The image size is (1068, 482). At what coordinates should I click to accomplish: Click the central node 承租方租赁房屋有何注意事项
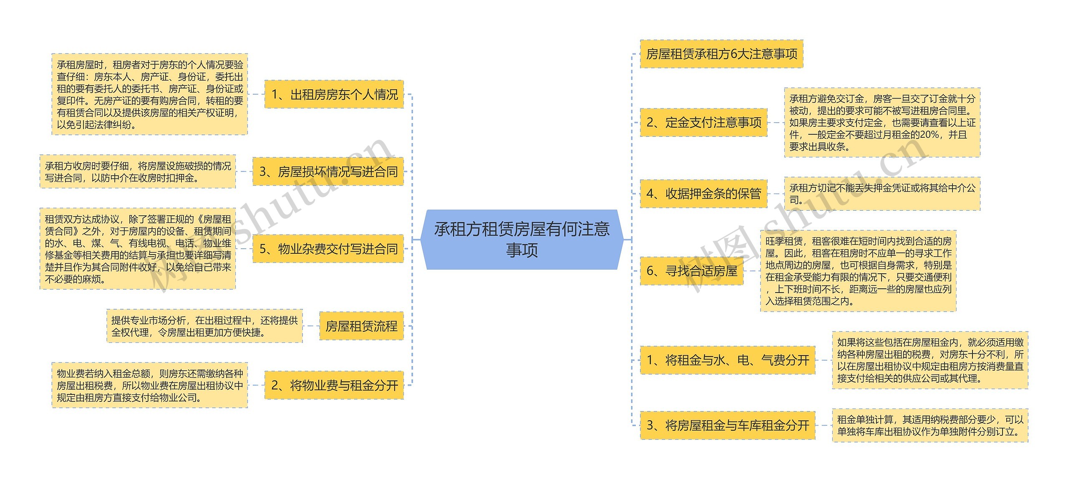[x=521, y=240]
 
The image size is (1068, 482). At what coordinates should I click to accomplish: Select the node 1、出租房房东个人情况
[x=334, y=94]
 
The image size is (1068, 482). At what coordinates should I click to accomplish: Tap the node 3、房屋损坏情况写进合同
[x=328, y=172]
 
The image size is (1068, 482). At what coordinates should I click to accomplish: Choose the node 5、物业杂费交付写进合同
[x=328, y=249]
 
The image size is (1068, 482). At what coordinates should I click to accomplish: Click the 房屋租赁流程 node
[x=361, y=326]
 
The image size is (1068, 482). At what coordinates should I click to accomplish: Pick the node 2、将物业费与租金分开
[x=334, y=385]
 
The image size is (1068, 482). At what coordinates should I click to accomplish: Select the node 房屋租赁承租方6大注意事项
[x=721, y=54]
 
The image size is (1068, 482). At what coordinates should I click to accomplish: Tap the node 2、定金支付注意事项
[x=703, y=122]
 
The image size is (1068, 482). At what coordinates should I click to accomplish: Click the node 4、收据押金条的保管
[x=703, y=194]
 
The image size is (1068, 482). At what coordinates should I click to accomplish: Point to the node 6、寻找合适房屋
[x=691, y=271]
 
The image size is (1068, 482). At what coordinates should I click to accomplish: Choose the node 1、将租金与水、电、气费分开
[x=727, y=360]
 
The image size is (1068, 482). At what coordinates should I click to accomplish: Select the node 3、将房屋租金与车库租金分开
[x=727, y=425]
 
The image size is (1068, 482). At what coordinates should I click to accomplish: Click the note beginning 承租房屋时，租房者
[x=150, y=94]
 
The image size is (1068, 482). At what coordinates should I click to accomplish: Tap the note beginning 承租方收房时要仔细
[x=138, y=172]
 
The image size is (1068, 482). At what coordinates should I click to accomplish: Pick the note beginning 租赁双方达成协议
[x=138, y=249]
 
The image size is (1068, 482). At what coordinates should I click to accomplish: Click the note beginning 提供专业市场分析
[x=204, y=326]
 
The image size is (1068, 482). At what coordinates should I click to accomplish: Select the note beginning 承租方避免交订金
[x=882, y=122]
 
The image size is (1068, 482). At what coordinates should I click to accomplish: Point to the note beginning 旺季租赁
[x=858, y=271]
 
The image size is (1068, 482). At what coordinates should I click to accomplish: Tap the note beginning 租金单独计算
[x=930, y=425]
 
